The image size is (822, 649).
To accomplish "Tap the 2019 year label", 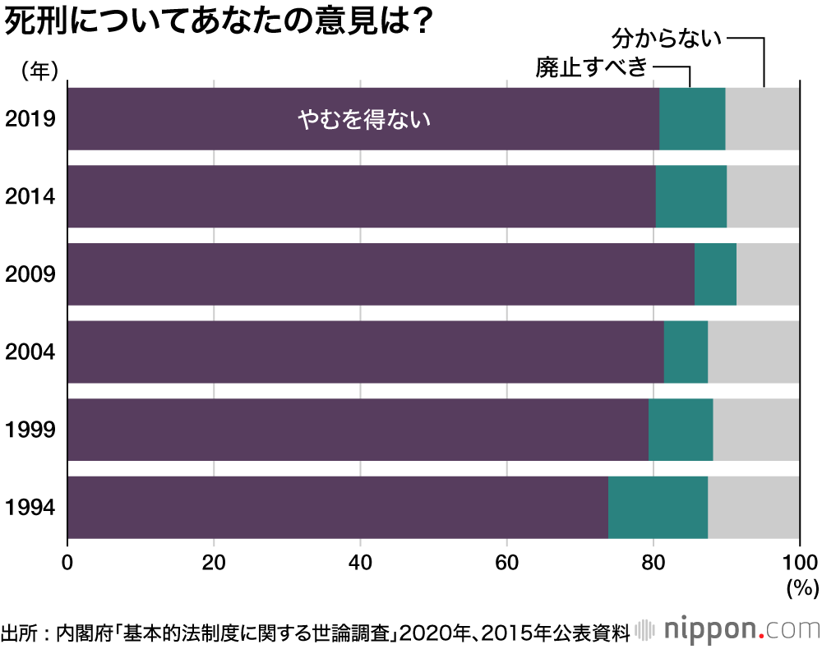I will click(x=30, y=119).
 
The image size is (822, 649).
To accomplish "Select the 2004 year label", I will click(x=30, y=352).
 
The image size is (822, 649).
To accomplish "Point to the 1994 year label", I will click(x=30, y=507).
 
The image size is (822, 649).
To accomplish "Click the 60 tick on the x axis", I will click(x=506, y=564).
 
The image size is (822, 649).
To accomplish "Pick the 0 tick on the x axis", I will click(x=67, y=564).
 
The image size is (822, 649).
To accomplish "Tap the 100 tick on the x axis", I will click(x=799, y=564).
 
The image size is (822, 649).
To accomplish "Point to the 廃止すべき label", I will click(x=592, y=67).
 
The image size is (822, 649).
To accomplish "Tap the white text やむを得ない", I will click(x=364, y=120).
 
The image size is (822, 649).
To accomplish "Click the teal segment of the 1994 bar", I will click(x=658, y=507).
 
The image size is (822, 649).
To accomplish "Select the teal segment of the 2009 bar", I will click(x=715, y=274).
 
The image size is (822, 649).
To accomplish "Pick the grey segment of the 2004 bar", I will click(x=754, y=352).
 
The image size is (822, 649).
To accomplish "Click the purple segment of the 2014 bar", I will click(x=362, y=196).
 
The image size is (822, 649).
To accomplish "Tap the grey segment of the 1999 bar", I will click(x=756, y=430).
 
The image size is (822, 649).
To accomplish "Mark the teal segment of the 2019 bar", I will click(x=692, y=119).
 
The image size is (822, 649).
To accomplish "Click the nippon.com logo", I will click(x=727, y=630).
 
